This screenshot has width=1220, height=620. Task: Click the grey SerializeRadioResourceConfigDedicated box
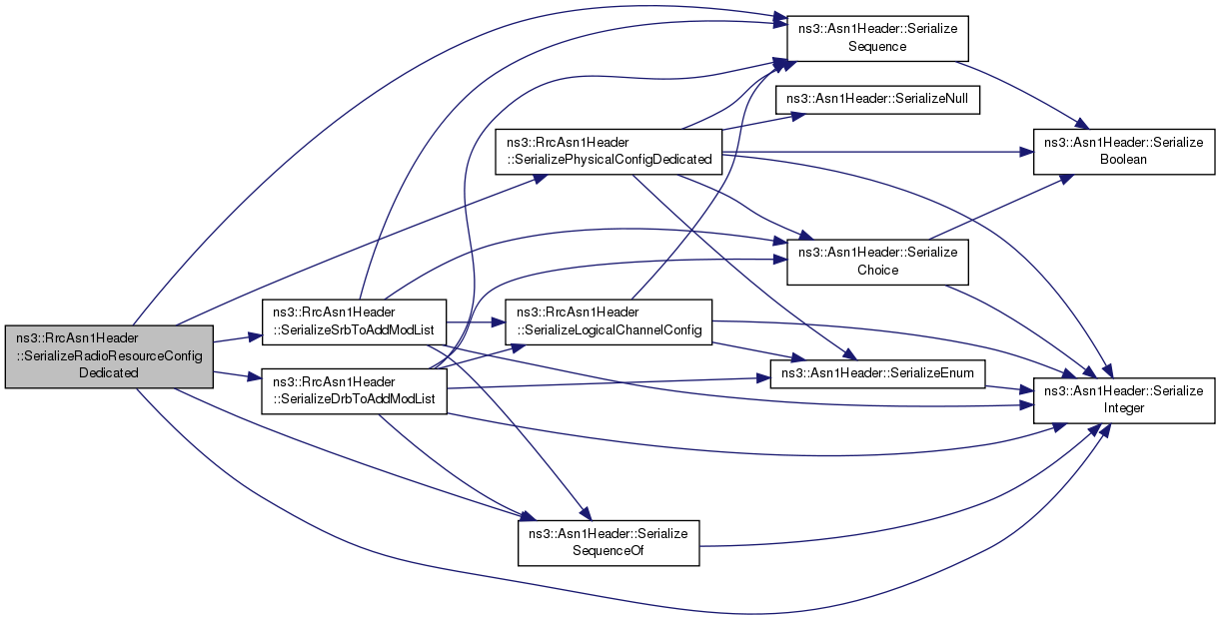click(x=109, y=356)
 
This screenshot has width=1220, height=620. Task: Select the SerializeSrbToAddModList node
click(x=354, y=321)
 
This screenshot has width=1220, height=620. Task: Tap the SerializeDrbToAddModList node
click(x=354, y=390)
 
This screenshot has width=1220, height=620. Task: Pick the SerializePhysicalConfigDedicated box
click(x=609, y=152)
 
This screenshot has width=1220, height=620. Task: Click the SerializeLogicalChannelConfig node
click(x=609, y=321)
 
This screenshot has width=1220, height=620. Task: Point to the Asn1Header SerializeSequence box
click(x=877, y=38)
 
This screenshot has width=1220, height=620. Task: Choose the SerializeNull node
click(x=877, y=100)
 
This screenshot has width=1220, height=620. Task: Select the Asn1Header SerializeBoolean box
click(x=1124, y=152)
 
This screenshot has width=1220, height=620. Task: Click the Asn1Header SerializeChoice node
click(x=877, y=262)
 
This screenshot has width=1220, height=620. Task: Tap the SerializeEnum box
click(x=877, y=373)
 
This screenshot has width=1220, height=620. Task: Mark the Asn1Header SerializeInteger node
click(x=1124, y=400)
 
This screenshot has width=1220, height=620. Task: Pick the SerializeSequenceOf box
click(x=609, y=543)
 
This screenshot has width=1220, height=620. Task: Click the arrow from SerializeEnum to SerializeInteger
click(x=1009, y=388)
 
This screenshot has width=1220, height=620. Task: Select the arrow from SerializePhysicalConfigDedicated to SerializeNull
click(x=763, y=122)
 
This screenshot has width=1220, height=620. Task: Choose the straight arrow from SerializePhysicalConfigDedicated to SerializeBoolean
click(x=878, y=152)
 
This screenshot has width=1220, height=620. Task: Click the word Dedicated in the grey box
click(x=109, y=373)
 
